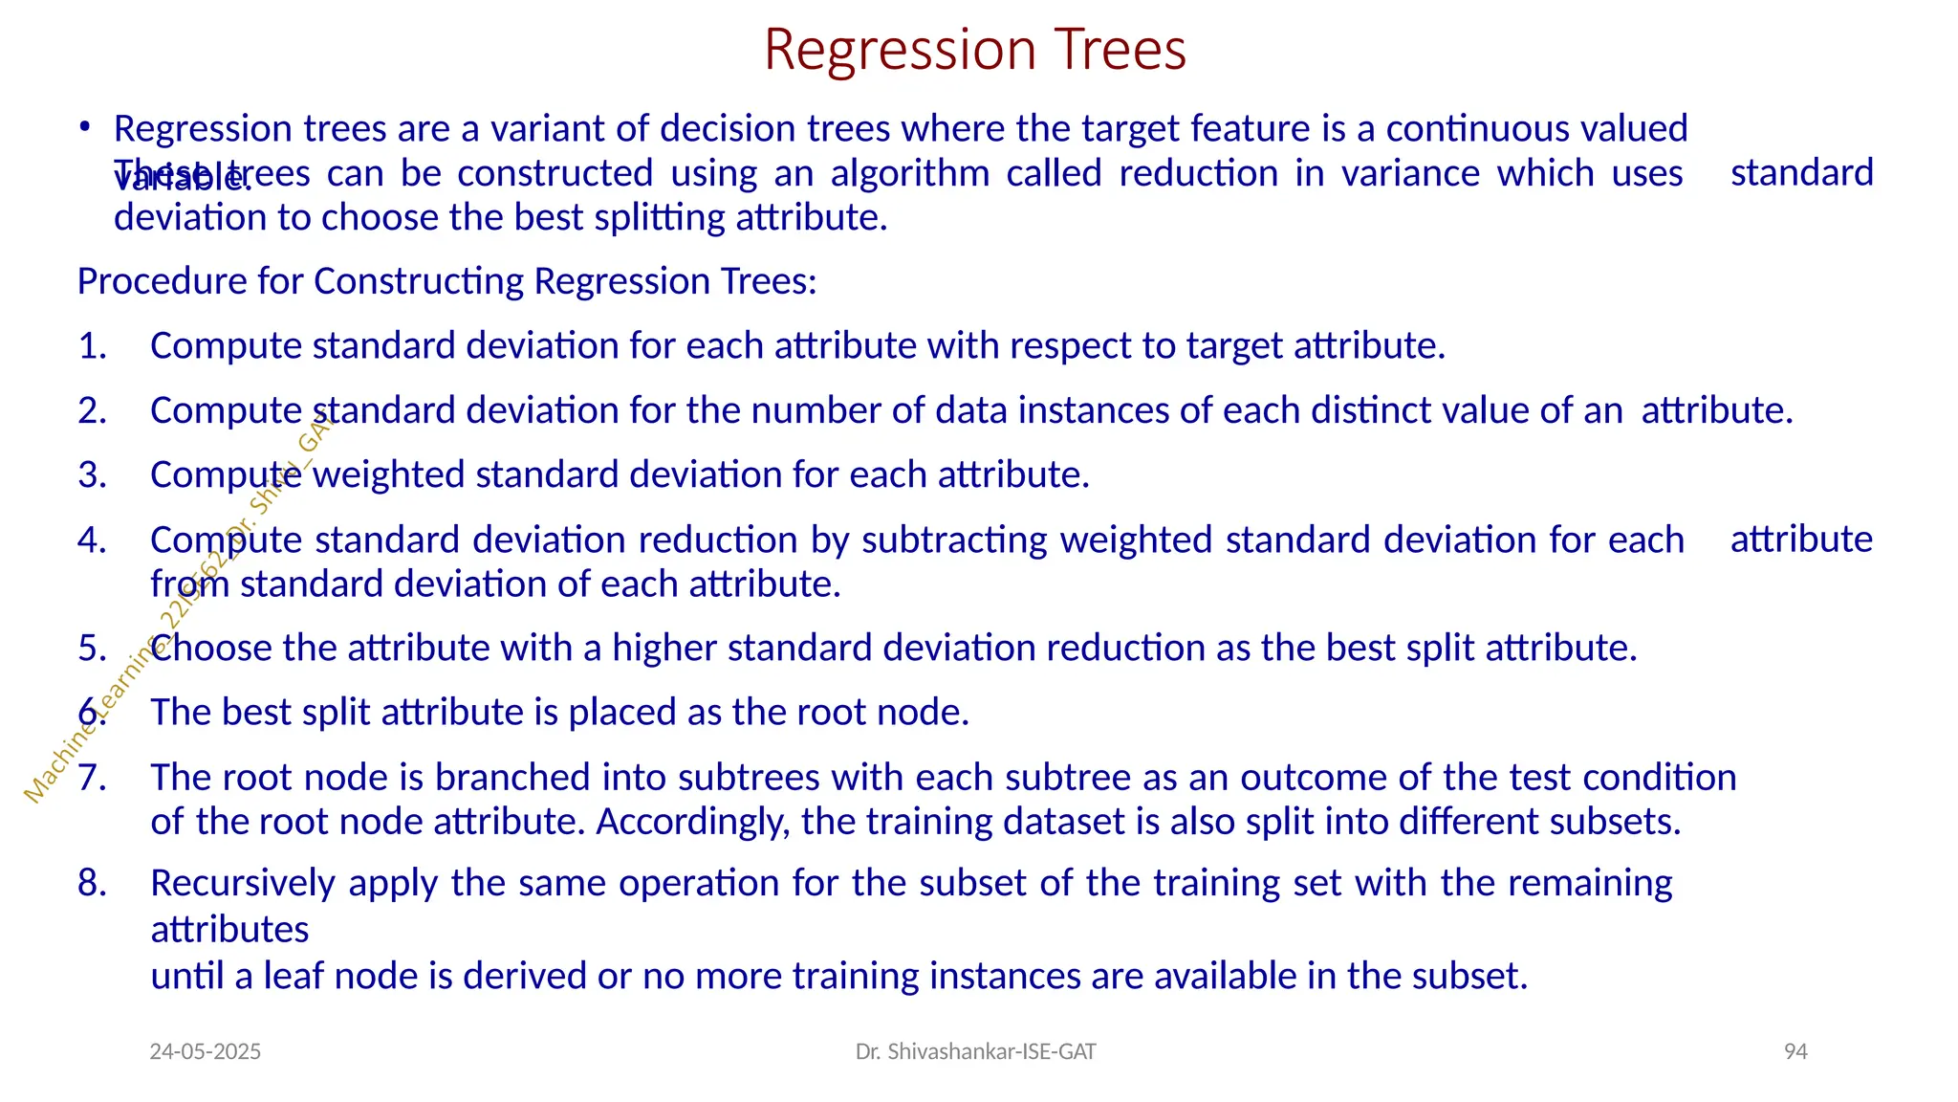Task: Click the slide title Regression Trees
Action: click(975, 50)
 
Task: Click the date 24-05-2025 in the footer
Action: click(206, 1052)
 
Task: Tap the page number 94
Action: click(1795, 1052)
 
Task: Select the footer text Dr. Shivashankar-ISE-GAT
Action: click(975, 1052)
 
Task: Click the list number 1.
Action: click(92, 346)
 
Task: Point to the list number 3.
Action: click(92, 475)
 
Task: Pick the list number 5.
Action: click(92, 649)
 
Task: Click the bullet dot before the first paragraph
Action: click(85, 126)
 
